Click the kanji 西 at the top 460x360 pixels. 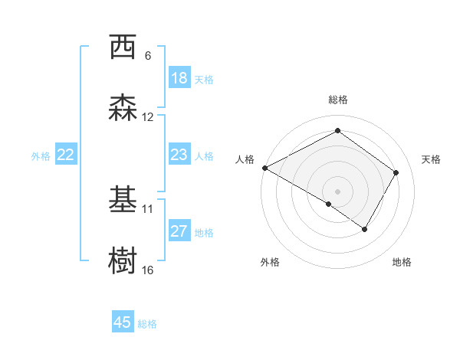click(x=123, y=47)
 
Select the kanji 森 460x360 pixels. click(x=123, y=108)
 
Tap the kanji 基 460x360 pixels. click(x=123, y=200)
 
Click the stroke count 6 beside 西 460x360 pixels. click(x=148, y=56)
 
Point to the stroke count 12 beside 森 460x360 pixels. click(x=148, y=117)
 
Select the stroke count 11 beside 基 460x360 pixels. click(x=148, y=208)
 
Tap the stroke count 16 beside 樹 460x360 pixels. click(x=148, y=270)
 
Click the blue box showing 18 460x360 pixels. click(x=179, y=78)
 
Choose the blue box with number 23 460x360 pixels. click(x=179, y=155)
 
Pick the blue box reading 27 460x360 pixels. click(x=179, y=231)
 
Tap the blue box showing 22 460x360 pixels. click(x=66, y=155)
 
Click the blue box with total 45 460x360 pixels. click(x=123, y=322)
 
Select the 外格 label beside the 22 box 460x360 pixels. click(x=41, y=156)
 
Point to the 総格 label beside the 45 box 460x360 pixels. click(x=147, y=324)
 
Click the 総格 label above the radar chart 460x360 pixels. click(x=337, y=100)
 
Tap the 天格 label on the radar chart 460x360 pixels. click(x=431, y=159)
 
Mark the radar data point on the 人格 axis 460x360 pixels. click(x=264, y=168)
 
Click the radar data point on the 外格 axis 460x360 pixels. click(x=329, y=204)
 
